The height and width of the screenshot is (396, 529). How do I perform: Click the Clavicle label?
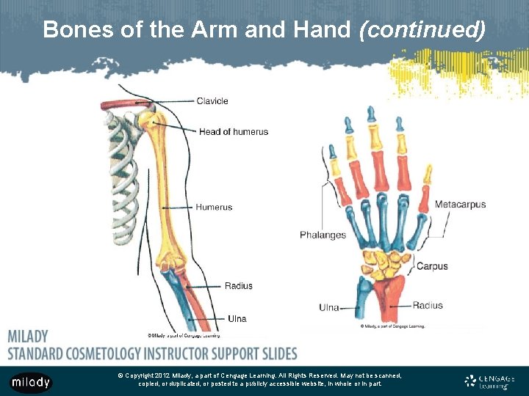[212, 101]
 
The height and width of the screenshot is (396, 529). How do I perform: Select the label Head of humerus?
[233, 132]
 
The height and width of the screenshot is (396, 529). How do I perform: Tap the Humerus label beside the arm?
[214, 207]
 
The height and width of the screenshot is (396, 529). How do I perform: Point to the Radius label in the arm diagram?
[238, 285]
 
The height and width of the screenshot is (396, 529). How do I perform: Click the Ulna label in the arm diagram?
[237, 319]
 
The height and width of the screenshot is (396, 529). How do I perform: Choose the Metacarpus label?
[460, 205]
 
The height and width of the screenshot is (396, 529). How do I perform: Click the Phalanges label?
[323, 235]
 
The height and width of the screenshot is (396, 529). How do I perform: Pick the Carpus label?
[432, 267]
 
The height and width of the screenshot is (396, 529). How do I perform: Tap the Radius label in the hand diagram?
[428, 306]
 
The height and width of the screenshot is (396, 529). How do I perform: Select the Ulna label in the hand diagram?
[328, 307]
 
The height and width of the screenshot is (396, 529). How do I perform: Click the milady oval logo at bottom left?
[30, 382]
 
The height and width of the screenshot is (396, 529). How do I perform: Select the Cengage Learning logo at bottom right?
[489, 381]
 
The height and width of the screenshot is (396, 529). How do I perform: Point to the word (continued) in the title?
[422, 30]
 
